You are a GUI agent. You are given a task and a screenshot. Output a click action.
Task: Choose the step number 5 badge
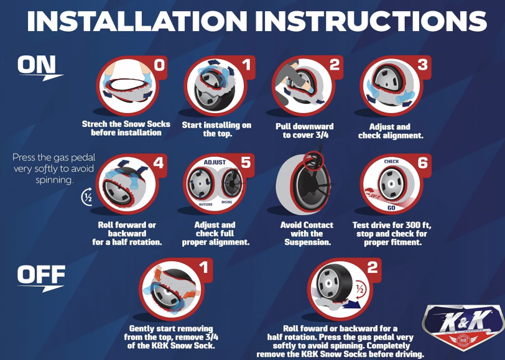pos(246,164)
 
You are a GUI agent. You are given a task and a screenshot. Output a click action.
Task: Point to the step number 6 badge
pos(422,164)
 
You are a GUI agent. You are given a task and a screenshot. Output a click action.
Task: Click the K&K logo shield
pos(463,327)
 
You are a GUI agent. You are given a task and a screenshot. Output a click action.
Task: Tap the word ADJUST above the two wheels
pos(215,162)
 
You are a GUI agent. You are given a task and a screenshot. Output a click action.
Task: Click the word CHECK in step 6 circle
pos(391,162)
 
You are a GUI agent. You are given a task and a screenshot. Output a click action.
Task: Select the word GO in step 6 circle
pos(391,208)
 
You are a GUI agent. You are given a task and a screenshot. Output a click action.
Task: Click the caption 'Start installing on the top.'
pos(216,129)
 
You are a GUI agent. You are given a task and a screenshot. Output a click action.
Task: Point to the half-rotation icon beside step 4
pos(87,198)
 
